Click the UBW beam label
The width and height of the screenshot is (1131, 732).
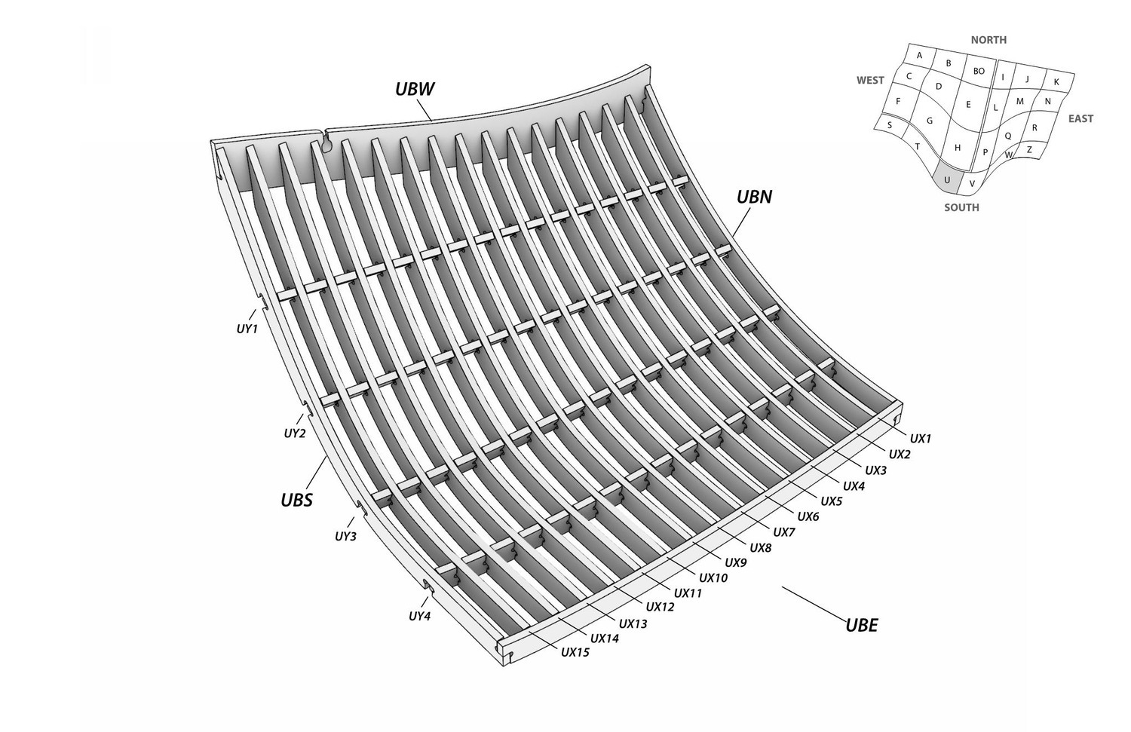click(415, 90)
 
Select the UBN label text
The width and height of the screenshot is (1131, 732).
click(754, 198)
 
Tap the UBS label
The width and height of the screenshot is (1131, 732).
click(297, 500)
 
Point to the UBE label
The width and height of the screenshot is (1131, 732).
click(862, 626)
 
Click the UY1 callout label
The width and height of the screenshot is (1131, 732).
click(247, 329)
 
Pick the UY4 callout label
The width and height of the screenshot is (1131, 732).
click(419, 617)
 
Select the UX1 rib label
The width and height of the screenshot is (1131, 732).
click(921, 439)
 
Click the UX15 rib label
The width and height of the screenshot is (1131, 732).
click(575, 652)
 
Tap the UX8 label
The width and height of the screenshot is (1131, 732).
click(760, 548)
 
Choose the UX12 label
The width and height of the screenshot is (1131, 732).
click(661, 607)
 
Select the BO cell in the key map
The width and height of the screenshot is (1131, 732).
click(979, 71)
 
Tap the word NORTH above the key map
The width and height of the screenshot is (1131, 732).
click(988, 40)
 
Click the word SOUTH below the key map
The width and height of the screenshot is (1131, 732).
click(962, 207)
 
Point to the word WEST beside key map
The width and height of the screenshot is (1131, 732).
click(870, 80)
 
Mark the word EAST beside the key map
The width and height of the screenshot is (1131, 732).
click(1081, 118)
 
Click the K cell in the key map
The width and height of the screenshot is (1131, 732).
click(1056, 81)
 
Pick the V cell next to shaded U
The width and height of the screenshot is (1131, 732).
click(972, 184)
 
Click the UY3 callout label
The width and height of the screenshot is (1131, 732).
click(346, 537)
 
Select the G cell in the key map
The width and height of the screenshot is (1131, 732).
click(929, 121)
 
